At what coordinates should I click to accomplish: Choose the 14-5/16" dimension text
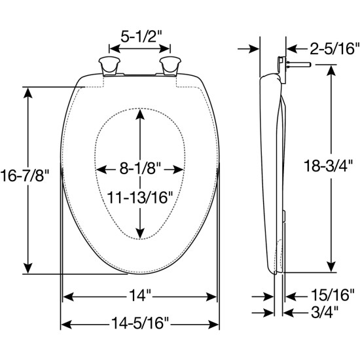(x=140, y=323)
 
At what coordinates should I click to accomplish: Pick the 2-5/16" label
(x=325, y=48)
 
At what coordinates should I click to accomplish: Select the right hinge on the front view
(x=171, y=67)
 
